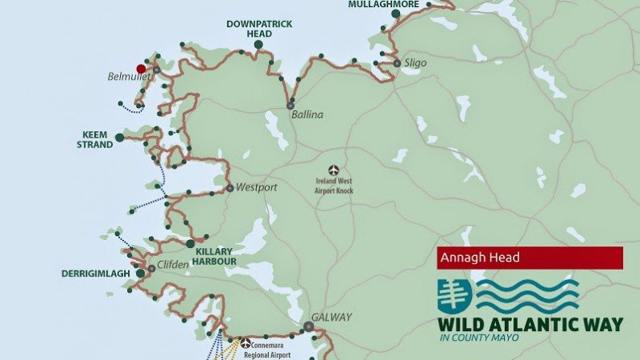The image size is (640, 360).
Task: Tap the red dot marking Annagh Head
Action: pos(142,69)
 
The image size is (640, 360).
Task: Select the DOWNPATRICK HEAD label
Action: pos(259,29)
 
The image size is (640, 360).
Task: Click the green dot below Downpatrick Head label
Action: pos(258,45)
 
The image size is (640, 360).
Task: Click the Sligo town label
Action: pos(416,63)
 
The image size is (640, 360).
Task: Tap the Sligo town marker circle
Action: pos(397,63)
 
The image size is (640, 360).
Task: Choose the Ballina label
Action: pos(308,114)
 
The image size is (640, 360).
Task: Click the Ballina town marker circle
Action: pos(291,106)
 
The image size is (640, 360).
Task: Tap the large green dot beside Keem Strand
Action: pos(120,138)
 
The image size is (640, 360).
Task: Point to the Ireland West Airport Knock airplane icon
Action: pos(334,170)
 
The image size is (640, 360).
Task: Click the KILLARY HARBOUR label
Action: pos(216,256)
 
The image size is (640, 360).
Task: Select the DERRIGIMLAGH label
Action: pos(95,274)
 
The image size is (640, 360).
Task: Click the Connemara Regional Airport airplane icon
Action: pos(246,343)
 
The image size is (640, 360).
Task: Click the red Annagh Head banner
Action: pos(530,258)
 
